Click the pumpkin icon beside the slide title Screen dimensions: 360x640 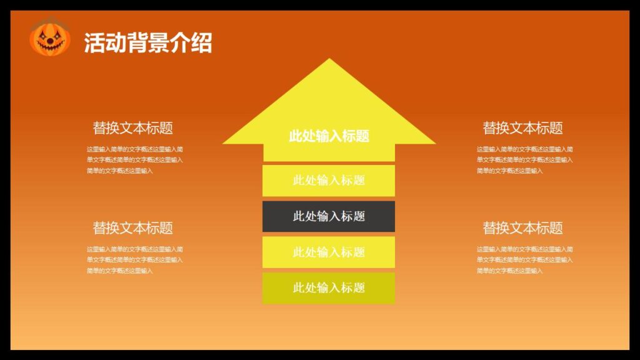pos(49,39)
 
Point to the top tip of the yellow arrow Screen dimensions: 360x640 pos(329,61)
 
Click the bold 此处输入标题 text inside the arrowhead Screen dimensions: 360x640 pos(329,136)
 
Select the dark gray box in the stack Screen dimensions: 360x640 pos(329,216)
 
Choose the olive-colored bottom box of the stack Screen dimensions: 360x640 pos(329,288)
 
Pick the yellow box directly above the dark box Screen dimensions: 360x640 pos(329,181)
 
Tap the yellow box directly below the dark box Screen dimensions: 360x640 pos(329,252)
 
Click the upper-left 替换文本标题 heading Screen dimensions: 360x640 pos(132,128)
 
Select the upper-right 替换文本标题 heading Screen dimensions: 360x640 pos(522,128)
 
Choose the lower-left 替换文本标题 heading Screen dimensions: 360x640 pos(132,228)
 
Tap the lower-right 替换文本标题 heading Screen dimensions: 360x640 pos(522,228)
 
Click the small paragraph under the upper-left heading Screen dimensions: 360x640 pos(134,160)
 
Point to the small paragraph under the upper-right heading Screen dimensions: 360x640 pos(524,160)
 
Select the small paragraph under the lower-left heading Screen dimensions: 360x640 pos(134,260)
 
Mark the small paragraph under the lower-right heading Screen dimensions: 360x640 pos(524,260)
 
